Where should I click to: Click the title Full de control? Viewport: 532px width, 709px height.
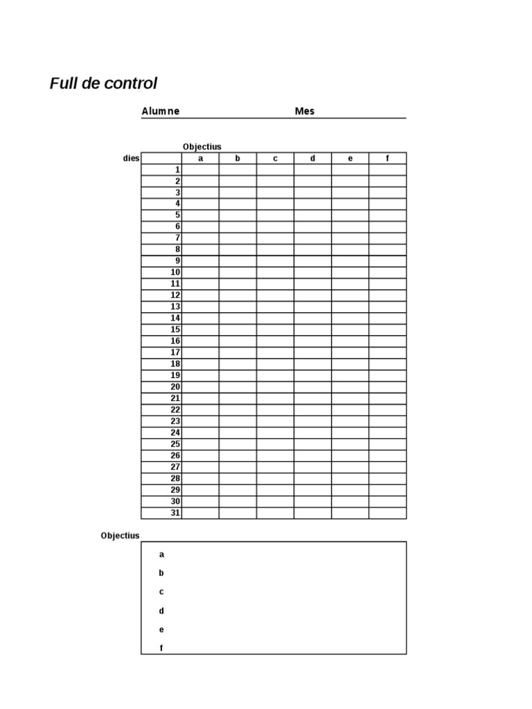pos(103,84)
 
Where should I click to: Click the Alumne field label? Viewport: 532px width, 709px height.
pos(160,111)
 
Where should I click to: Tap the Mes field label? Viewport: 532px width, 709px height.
pos(304,111)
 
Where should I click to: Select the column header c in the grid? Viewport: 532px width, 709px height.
pos(275,159)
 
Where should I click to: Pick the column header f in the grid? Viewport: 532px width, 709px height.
pos(387,159)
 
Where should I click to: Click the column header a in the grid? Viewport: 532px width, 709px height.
pos(200,159)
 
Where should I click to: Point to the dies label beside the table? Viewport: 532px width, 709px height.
pos(131,159)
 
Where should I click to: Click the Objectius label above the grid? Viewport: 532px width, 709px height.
pos(202,147)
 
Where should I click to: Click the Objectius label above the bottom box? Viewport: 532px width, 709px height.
pos(120,535)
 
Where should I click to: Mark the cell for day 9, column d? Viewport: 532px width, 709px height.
pos(312,261)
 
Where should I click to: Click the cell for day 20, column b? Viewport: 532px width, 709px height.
pos(238,387)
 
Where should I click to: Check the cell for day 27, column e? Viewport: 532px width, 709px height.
pos(350,467)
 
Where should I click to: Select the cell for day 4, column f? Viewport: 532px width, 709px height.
pos(387,204)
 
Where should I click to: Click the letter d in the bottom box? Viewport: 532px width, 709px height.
pos(161,611)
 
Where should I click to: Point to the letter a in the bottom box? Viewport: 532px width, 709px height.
pos(161,554)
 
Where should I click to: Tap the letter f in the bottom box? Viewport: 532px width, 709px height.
pos(161,648)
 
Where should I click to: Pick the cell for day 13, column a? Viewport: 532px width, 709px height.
pos(200,307)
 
